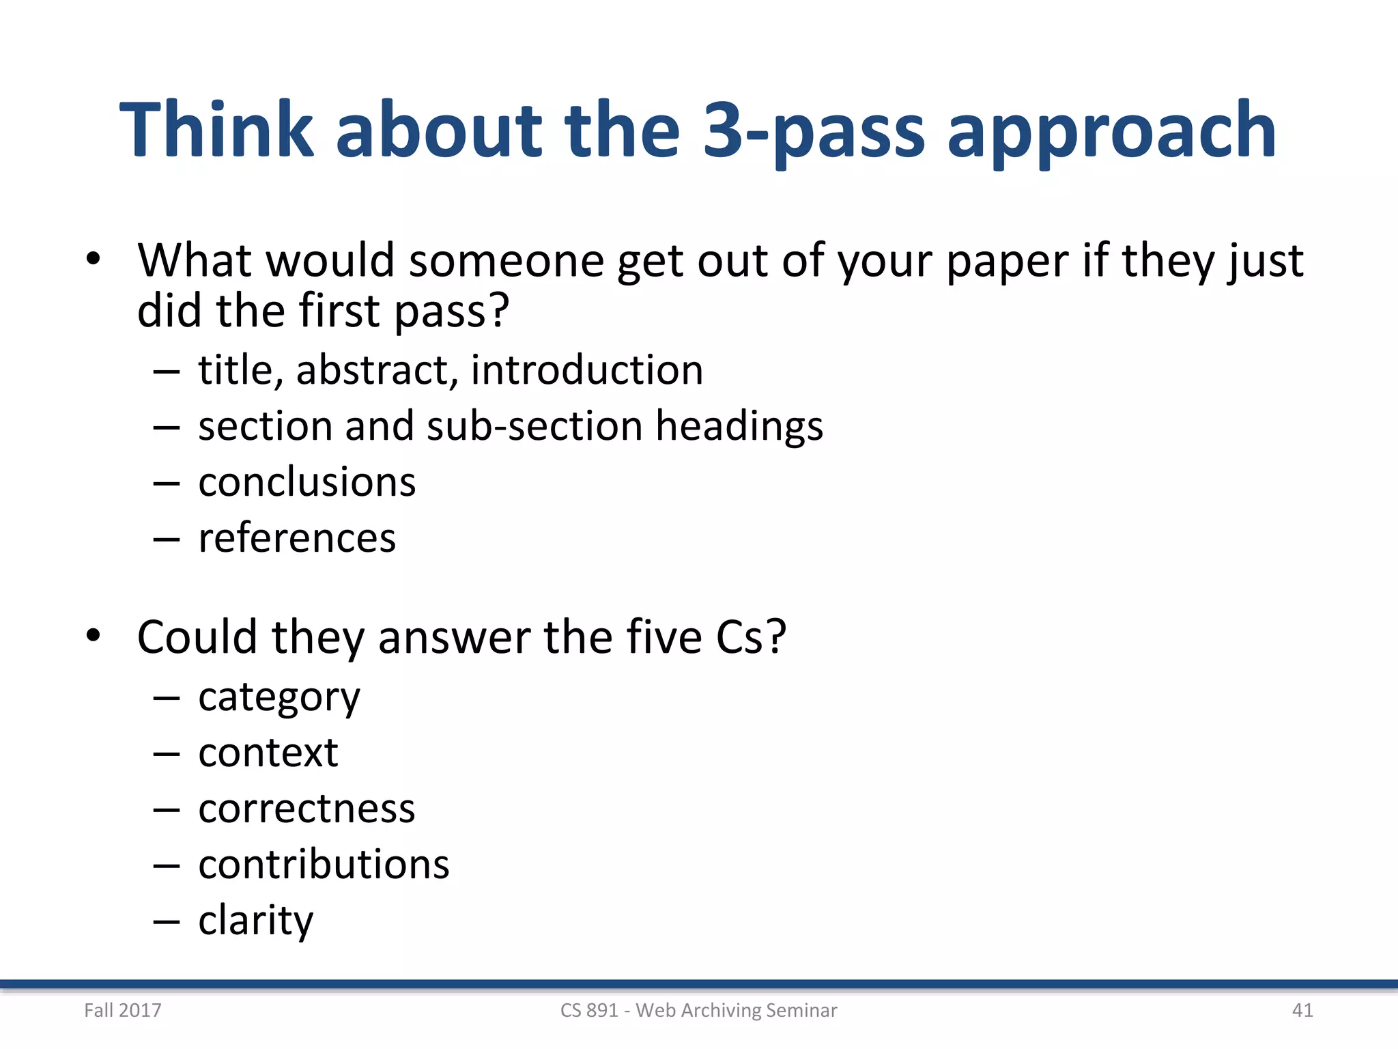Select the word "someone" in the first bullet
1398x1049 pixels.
[506, 260]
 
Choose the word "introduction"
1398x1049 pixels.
[586, 370]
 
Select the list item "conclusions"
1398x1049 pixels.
[306, 482]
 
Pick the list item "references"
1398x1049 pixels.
[297, 538]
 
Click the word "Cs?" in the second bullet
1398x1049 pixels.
[751, 637]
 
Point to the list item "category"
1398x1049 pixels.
[279, 698]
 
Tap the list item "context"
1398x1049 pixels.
[268, 753]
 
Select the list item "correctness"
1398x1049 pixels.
[306, 809]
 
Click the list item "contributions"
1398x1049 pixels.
[324, 865]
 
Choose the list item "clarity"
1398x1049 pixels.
[255, 921]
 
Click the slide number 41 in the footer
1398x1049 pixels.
[1302, 1010]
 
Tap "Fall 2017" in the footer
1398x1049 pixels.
[123, 1010]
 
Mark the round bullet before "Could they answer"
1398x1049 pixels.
[94, 636]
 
